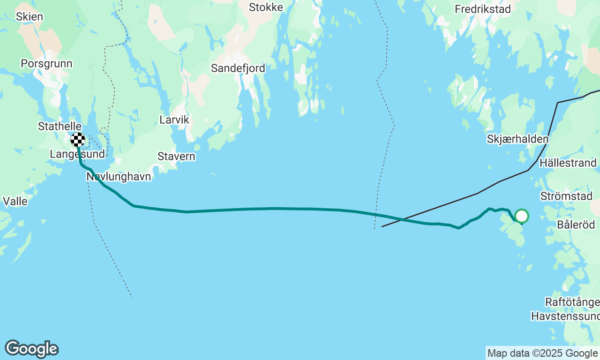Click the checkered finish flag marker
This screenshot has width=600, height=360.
point(78,140)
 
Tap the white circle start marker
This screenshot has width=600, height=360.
point(521,216)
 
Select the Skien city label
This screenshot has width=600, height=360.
point(29,17)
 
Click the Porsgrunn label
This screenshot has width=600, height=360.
point(46,64)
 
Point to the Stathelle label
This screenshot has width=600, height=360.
point(60,127)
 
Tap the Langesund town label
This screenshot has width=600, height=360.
point(77,154)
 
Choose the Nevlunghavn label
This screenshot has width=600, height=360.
point(119,177)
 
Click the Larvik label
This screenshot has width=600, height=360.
point(174,120)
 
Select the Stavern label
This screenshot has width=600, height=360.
point(176,157)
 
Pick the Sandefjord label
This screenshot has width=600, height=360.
point(238,68)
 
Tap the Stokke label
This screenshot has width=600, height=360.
point(266,7)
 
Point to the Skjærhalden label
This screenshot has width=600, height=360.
point(517,139)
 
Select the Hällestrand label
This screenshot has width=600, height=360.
point(568,163)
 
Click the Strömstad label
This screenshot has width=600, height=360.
point(566,196)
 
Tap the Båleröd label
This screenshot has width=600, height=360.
point(575,225)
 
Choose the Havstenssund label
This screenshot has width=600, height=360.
point(565,316)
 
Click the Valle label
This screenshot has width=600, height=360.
point(15,202)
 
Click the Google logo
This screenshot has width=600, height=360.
point(31,349)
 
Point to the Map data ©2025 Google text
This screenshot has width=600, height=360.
point(542,353)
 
